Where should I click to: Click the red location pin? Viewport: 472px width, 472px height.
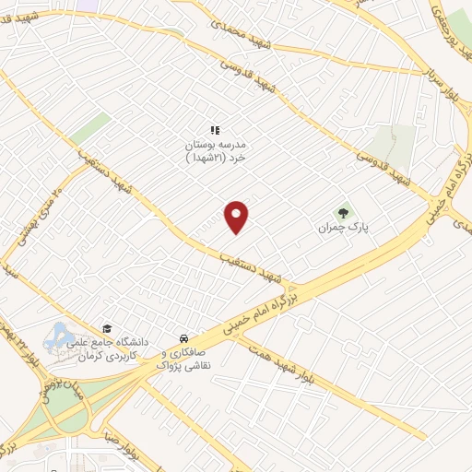point(237,217)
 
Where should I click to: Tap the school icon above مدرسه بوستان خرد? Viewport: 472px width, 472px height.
point(215,131)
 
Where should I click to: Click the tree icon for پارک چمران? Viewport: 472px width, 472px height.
point(345,211)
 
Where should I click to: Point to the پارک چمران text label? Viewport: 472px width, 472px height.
point(342,227)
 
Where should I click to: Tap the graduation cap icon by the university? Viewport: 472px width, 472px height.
point(107,328)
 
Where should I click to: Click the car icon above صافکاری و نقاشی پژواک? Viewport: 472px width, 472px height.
point(185,337)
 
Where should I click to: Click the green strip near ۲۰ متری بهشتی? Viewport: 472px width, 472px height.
point(89,129)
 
